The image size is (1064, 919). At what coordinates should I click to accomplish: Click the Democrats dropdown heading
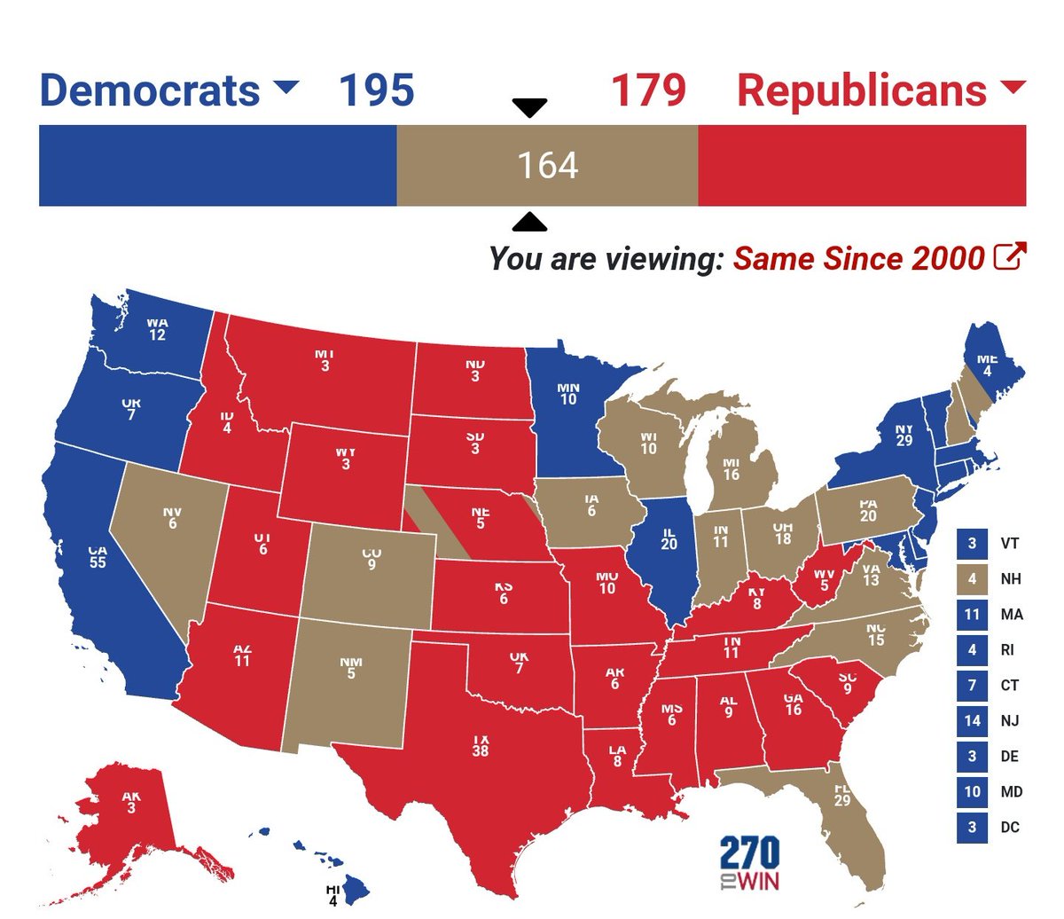point(168,90)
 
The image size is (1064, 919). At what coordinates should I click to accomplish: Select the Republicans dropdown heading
point(880,90)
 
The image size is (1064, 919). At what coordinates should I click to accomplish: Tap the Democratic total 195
point(376,90)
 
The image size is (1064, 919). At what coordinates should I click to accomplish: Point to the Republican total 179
point(648,90)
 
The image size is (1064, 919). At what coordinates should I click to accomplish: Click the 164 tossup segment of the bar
point(547,166)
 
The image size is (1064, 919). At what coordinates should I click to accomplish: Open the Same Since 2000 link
point(858,258)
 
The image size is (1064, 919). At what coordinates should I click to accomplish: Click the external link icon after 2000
point(1010,256)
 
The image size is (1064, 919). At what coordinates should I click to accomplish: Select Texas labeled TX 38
point(480,745)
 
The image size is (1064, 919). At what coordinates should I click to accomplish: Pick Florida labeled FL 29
point(841,795)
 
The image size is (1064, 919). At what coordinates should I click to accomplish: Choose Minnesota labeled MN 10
point(567,394)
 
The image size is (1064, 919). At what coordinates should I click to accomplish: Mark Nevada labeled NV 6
point(172,518)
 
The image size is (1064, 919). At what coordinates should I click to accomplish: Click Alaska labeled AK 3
point(130,802)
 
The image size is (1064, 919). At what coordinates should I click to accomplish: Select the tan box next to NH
point(972,578)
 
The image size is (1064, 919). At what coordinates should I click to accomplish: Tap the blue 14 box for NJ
point(972,720)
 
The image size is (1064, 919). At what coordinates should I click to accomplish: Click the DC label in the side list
point(1010,827)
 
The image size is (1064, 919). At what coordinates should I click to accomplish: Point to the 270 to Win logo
point(750,863)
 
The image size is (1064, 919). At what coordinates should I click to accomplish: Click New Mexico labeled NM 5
point(351,668)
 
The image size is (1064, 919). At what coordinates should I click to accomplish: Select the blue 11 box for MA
point(972,614)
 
